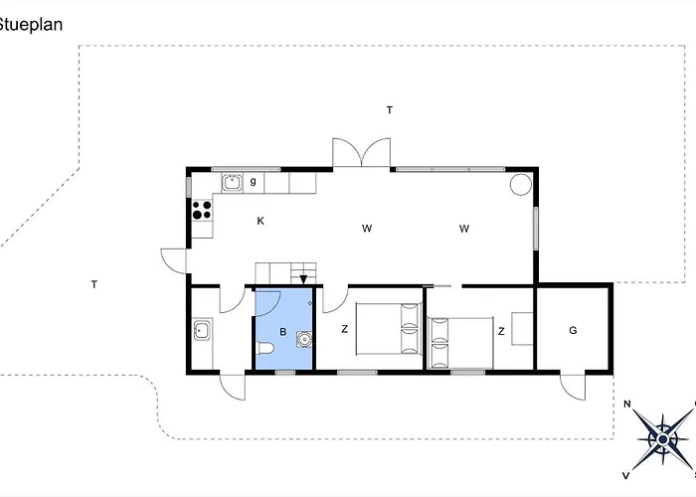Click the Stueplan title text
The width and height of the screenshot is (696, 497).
(30, 25)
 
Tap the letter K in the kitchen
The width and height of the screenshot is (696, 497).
(261, 221)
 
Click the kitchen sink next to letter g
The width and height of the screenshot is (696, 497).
(232, 182)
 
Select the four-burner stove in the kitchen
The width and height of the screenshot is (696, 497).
(202, 210)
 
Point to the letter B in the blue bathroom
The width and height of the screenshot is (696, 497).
(282, 333)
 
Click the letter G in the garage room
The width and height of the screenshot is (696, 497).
(573, 330)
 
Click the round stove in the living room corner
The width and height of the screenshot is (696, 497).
(521, 184)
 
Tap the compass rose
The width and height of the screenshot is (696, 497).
(661, 435)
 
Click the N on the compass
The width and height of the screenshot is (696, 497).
(627, 404)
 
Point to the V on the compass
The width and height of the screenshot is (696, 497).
(625, 473)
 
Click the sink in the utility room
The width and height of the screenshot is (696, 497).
(202, 329)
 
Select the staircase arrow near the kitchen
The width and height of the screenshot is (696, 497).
(302, 278)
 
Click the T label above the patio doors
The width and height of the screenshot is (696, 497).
(390, 110)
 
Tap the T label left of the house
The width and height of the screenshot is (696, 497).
(93, 285)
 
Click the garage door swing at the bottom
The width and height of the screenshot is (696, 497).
(573, 386)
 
